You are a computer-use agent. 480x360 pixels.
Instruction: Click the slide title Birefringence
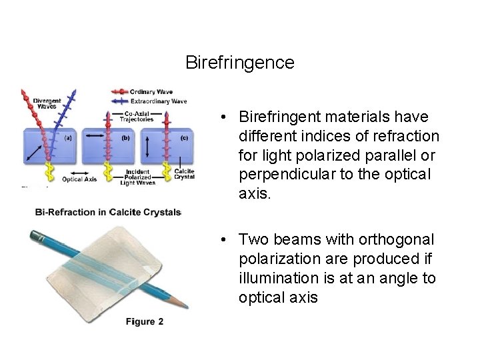[239, 63]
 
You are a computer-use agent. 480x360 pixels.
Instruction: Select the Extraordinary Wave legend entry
[159, 101]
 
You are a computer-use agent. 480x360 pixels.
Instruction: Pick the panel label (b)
[125, 138]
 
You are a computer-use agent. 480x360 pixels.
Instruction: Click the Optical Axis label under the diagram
[81, 179]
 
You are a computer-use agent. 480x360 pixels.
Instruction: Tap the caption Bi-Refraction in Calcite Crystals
[108, 212]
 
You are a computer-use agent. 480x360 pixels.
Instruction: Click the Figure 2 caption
[144, 322]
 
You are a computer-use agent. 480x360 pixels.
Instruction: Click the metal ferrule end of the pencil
[35, 234]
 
